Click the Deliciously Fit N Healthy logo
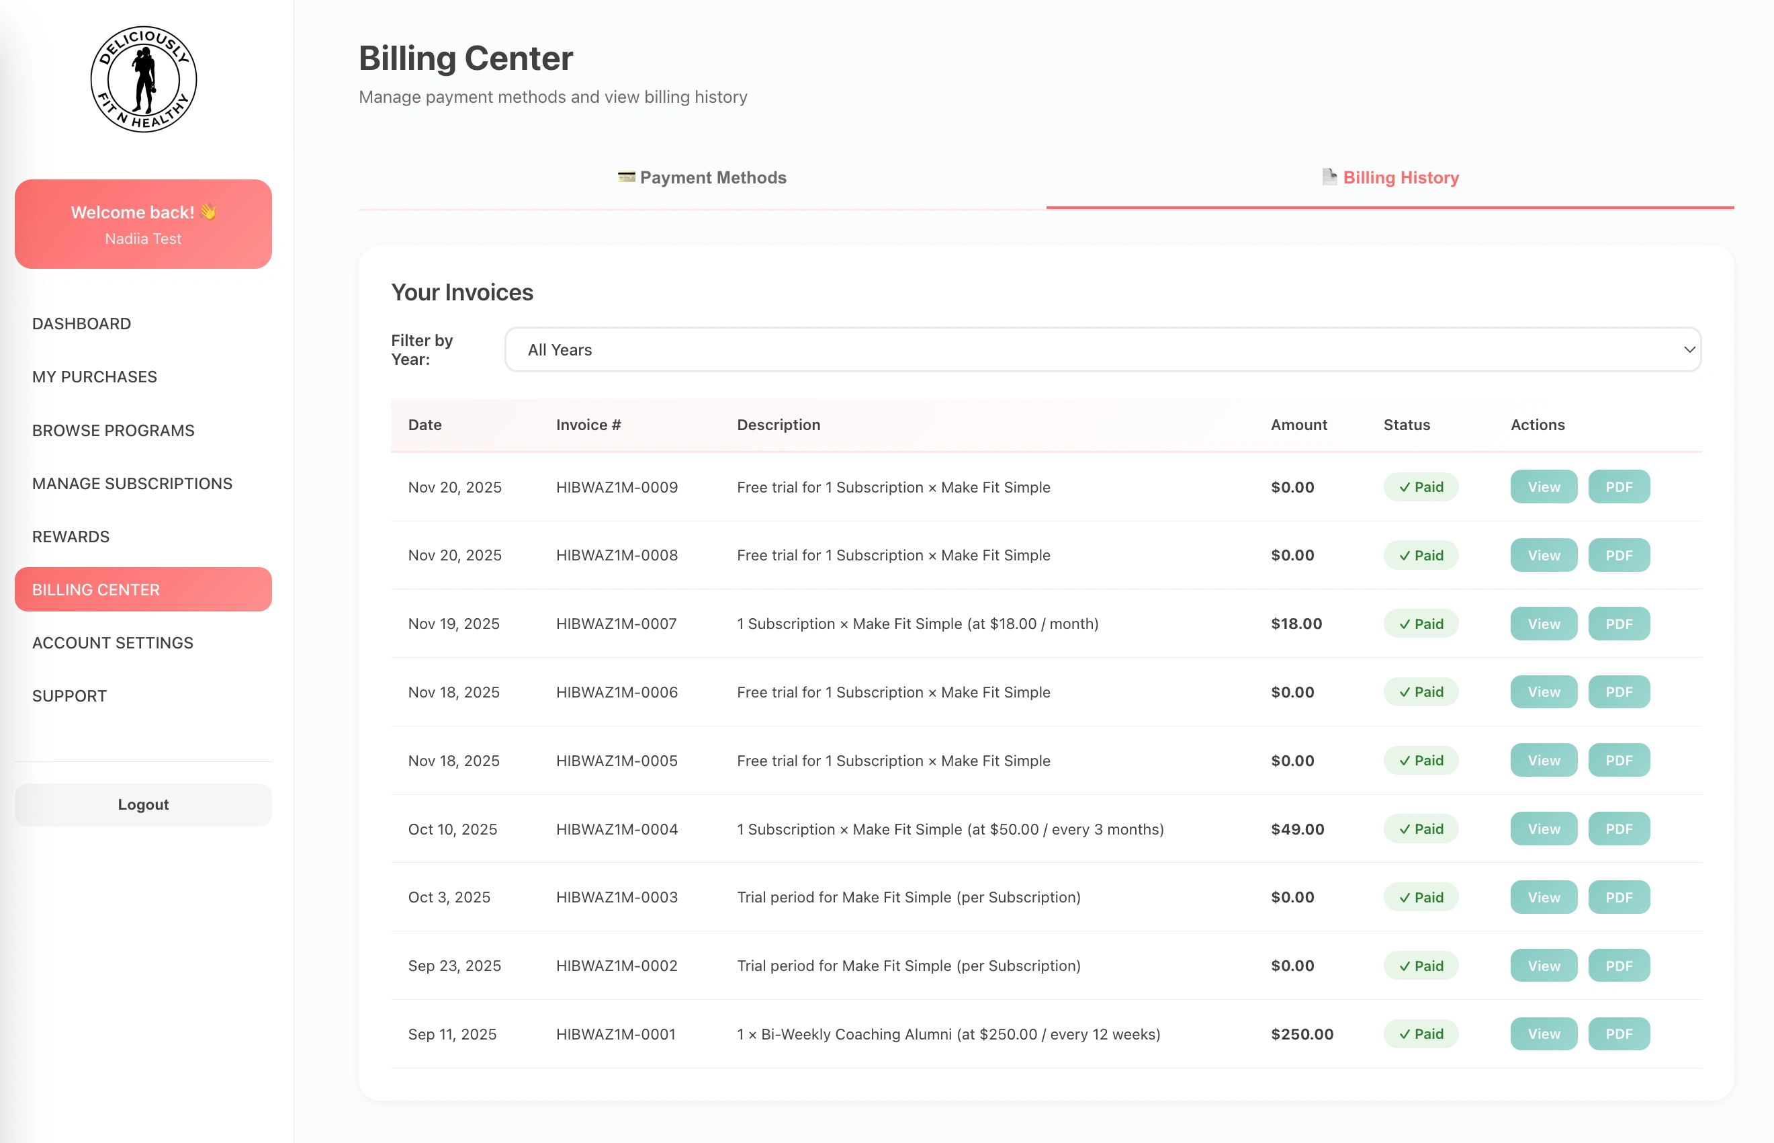pos(143,79)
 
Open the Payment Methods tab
pos(702,177)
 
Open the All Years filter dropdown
pos(1102,349)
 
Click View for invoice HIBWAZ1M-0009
pos(1543,487)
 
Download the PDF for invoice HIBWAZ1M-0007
pos(1618,624)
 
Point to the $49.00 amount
pos(1297,829)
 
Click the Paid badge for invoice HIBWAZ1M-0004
pos(1420,829)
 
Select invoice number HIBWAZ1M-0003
pos(617,897)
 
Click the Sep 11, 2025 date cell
pos(452,1034)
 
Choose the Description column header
pos(779,425)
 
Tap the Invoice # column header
pos(588,425)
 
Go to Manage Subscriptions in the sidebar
pos(132,483)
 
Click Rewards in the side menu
pos(71,537)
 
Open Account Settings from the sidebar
pos(113,643)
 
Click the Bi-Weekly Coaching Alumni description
pos(948,1034)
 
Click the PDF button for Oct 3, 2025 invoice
pos(1618,897)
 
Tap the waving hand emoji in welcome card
pos(208,212)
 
